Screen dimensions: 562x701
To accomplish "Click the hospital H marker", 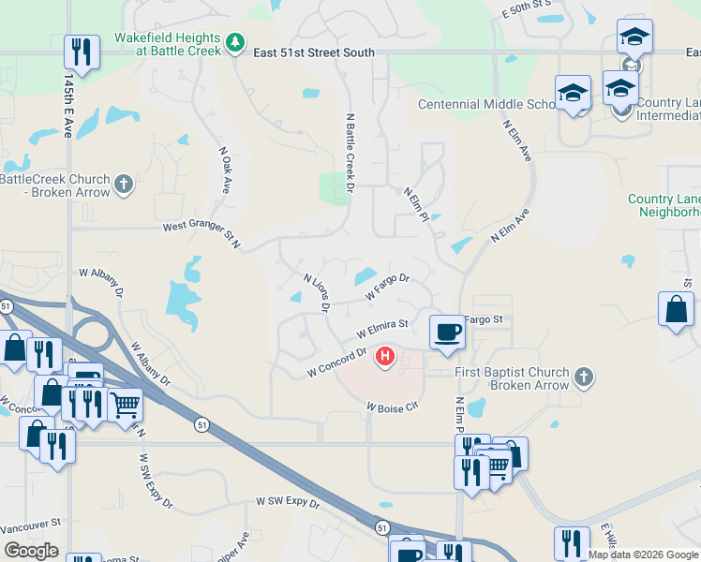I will (384, 356).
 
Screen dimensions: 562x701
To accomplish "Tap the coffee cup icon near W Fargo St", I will (447, 331).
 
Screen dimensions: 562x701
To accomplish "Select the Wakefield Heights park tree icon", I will (235, 42).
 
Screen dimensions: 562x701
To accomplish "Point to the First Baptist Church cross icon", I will (583, 378).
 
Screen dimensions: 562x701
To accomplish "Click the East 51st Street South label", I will (314, 53).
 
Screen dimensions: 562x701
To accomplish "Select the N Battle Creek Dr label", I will (350, 155).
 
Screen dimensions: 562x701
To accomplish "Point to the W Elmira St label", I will (382, 330).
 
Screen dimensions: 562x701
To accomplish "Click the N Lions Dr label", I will (318, 292).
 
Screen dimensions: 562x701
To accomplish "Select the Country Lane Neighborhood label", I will (664, 205).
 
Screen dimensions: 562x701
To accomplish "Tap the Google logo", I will (31, 551).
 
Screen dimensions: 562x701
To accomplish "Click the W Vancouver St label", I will (30, 525).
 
